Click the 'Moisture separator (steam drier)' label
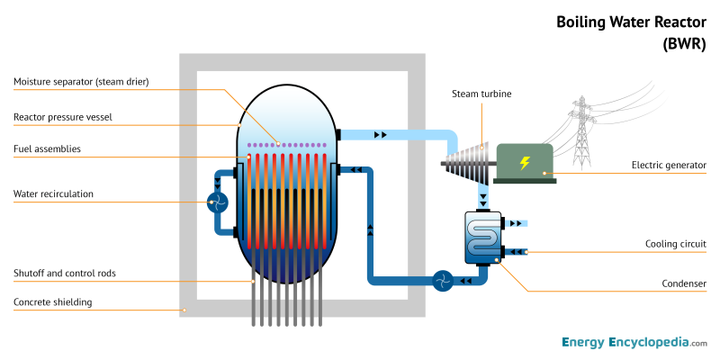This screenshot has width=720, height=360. (x=81, y=82)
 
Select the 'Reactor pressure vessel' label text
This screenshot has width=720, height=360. (x=62, y=117)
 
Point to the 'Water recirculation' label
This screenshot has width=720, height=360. (x=53, y=193)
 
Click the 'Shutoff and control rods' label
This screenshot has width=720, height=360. (x=64, y=273)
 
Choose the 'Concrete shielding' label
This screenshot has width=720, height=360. (x=52, y=301)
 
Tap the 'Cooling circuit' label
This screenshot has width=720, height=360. (x=676, y=244)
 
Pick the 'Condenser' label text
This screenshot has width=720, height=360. (x=684, y=283)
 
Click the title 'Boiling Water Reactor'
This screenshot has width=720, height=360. (x=631, y=21)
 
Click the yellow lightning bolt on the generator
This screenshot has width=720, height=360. (x=524, y=163)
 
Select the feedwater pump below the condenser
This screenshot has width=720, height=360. (x=441, y=282)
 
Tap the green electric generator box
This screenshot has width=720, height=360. (x=524, y=163)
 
